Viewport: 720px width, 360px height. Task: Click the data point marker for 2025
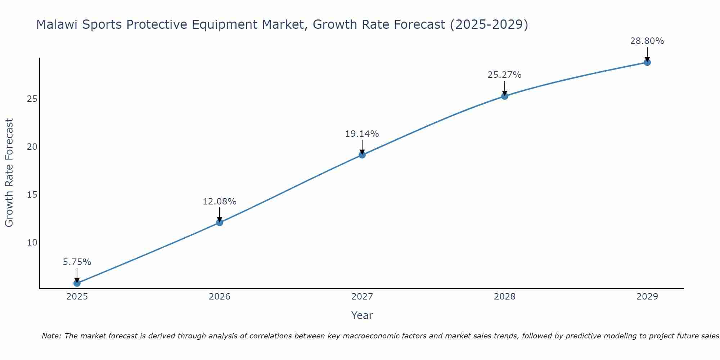pyautogui.click(x=77, y=283)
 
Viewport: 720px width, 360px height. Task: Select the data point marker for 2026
pyautogui.click(x=220, y=222)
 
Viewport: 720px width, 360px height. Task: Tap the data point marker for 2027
pyautogui.click(x=362, y=155)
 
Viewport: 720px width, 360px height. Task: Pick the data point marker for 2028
pyautogui.click(x=505, y=96)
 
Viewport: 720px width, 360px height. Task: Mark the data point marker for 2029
pyautogui.click(x=647, y=62)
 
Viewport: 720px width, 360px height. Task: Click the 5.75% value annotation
pyautogui.click(x=77, y=262)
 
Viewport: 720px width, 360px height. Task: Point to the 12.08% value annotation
pyautogui.click(x=220, y=202)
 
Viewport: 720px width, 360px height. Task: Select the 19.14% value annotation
pyautogui.click(x=362, y=134)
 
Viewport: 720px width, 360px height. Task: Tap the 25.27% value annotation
pyautogui.click(x=505, y=75)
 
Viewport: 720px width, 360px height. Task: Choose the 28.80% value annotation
pyautogui.click(x=647, y=41)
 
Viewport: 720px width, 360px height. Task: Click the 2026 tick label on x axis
pyautogui.click(x=220, y=297)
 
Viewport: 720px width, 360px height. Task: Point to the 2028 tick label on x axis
pyautogui.click(x=505, y=297)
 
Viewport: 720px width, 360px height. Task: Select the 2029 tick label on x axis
pyautogui.click(x=647, y=297)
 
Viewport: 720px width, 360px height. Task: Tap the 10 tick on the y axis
pyautogui.click(x=32, y=243)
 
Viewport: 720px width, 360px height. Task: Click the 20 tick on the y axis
pyautogui.click(x=32, y=147)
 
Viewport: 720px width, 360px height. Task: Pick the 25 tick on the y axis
pyautogui.click(x=32, y=99)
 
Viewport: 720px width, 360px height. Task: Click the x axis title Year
pyautogui.click(x=362, y=315)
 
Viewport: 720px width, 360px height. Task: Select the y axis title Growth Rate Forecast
pyautogui.click(x=9, y=173)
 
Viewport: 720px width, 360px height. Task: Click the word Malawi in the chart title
pyautogui.click(x=57, y=24)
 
